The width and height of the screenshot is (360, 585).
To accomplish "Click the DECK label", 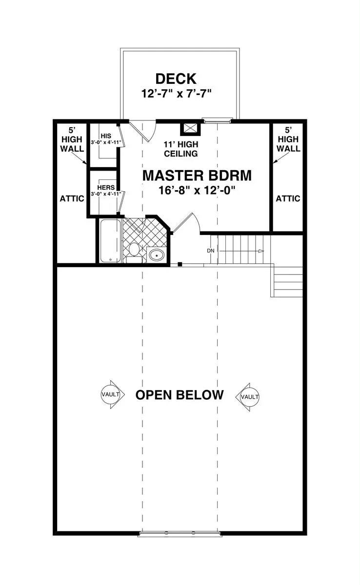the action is [x=176, y=78].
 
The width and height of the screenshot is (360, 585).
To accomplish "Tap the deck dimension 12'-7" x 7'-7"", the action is [x=176, y=93].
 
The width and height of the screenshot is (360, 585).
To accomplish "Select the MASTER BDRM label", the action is [x=197, y=175].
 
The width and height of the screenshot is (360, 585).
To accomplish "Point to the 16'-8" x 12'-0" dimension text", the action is [x=197, y=190].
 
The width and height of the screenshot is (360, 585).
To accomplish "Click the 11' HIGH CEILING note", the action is [x=181, y=149].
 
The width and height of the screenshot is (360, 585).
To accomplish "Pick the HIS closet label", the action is [x=106, y=136].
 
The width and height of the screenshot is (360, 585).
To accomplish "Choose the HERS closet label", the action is [x=106, y=188].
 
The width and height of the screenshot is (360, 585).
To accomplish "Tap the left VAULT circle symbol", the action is [x=111, y=394].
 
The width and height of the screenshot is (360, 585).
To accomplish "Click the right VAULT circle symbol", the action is [x=250, y=397].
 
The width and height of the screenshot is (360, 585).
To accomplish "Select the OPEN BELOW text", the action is [x=180, y=395].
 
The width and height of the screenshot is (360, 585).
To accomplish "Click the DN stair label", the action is [x=211, y=251].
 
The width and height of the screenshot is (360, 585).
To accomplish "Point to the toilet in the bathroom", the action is [x=134, y=253].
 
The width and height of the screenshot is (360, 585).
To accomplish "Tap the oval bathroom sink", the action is [x=156, y=254].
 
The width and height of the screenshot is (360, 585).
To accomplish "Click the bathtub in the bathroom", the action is [x=111, y=240].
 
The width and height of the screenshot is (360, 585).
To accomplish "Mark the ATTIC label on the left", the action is [x=72, y=198].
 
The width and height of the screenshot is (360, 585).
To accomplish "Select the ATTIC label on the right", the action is [x=288, y=198].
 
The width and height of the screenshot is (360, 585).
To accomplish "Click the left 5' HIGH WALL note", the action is [x=72, y=139].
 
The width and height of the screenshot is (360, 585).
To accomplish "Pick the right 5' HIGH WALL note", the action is [x=288, y=139].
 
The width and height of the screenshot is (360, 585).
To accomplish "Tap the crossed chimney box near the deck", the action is [x=190, y=129].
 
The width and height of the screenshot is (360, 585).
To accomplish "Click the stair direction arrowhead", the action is [x=261, y=251].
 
